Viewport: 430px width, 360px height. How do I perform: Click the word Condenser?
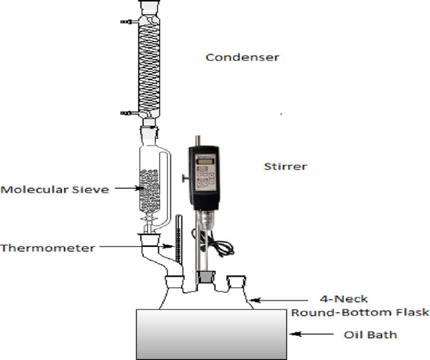(242, 58)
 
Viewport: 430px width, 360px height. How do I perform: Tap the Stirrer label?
(286, 167)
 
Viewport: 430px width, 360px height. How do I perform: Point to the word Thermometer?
(48, 248)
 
